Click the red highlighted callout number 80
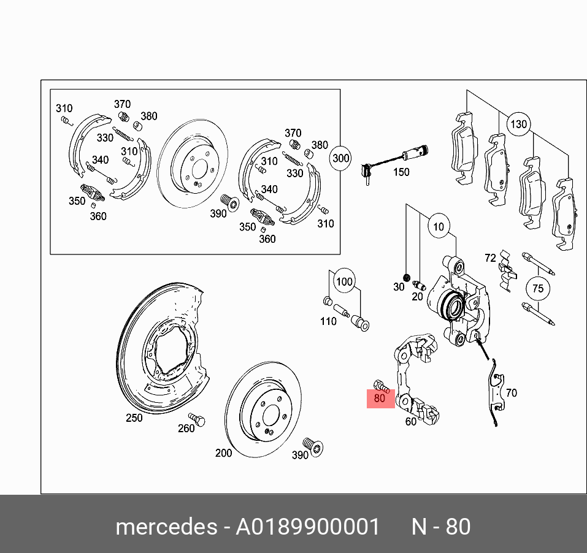(x=380, y=399)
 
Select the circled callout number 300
(x=340, y=158)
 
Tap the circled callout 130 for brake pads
(x=518, y=124)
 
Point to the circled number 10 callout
(x=438, y=227)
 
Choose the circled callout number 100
(x=345, y=282)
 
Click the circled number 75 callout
(x=537, y=289)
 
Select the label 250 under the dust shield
(x=134, y=418)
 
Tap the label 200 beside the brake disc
(x=224, y=453)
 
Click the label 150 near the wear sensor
(x=401, y=172)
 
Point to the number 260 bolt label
(x=186, y=429)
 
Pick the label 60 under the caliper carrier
(x=410, y=421)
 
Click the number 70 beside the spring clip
(x=511, y=393)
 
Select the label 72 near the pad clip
(x=490, y=258)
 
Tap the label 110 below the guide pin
(x=328, y=321)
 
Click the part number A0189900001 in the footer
(x=308, y=527)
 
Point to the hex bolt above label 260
(x=197, y=419)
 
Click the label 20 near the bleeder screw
(x=417, y=297)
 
